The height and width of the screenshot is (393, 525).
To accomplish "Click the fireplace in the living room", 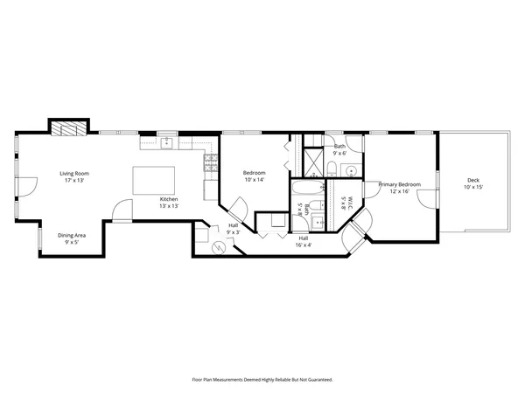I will click(67, 128).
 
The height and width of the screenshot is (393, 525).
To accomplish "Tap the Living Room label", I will click(74, 176).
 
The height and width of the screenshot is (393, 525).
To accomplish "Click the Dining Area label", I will click(72, 238).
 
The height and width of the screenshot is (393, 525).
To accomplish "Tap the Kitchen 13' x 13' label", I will click(169, 203).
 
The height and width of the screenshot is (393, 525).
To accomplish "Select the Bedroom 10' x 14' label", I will click(255, 176).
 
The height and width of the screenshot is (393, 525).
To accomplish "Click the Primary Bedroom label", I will click(399, 188).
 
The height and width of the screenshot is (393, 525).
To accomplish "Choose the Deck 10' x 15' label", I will click(472, 184).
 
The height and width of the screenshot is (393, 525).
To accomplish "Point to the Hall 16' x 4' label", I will click(304, 241).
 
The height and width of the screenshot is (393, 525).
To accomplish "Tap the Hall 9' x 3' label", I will click(234, 229).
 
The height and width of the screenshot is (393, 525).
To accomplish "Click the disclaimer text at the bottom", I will click(262, 380).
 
